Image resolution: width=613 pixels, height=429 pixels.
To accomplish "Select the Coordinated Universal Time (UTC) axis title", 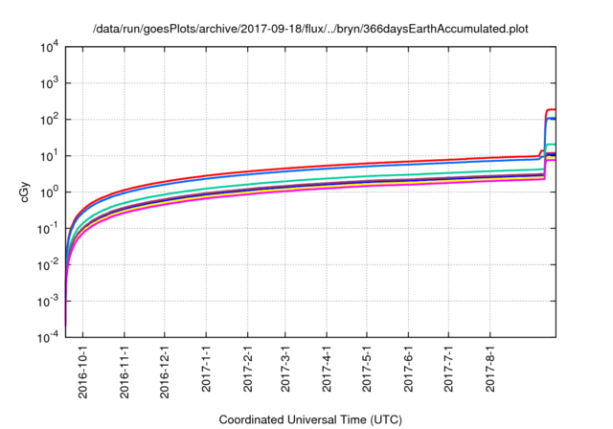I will point(311,419).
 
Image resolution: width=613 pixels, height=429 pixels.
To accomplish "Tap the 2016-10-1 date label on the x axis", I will point(83,366).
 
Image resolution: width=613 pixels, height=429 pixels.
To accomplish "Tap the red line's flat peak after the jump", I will point(551,110).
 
